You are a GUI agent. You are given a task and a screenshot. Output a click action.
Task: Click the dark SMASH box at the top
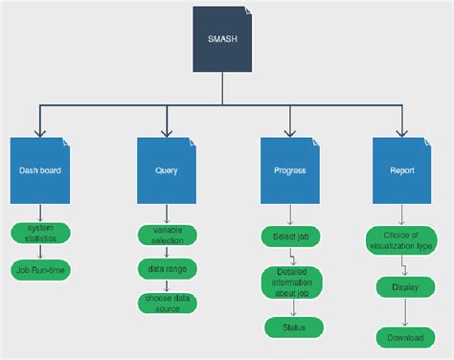click(x=222, y=38)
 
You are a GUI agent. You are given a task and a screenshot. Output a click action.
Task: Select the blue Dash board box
click(x=40, y=169)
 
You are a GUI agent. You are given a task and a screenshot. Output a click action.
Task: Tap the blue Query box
click(x=166, y=169)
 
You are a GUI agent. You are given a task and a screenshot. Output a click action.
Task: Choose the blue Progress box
click(x=289, y=169)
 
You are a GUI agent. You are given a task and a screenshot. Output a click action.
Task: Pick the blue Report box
click(x=402, y=169)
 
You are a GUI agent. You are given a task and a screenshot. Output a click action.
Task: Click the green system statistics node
click(x=40, y=233)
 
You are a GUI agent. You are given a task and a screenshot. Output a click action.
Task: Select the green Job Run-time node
click(x=40, y=269)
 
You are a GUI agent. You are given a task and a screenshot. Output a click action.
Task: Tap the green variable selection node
click(x=167, y=235)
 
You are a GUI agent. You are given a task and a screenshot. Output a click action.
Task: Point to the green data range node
click(x=167, y=268)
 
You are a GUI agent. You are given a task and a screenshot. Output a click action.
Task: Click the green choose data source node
click(x=167, y=303)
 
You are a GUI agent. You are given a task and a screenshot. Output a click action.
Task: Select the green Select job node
click(x=289, y=236)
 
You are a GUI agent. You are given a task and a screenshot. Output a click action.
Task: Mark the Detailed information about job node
click(x=292, y=282)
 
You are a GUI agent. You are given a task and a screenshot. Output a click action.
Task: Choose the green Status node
click(x=292, y=327)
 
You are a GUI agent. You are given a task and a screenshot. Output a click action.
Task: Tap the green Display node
click(x=404, y=286)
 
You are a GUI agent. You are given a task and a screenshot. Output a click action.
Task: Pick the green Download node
click(x=404, y=337)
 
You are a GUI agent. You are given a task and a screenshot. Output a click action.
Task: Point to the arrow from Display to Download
click(x=404, y=312)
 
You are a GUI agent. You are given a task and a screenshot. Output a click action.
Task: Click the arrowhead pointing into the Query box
click(x=166, y=133)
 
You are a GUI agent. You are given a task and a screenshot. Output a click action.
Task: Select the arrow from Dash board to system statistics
click(x=40, y=213)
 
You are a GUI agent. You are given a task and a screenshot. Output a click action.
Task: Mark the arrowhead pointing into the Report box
click(x=402, y=133)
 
